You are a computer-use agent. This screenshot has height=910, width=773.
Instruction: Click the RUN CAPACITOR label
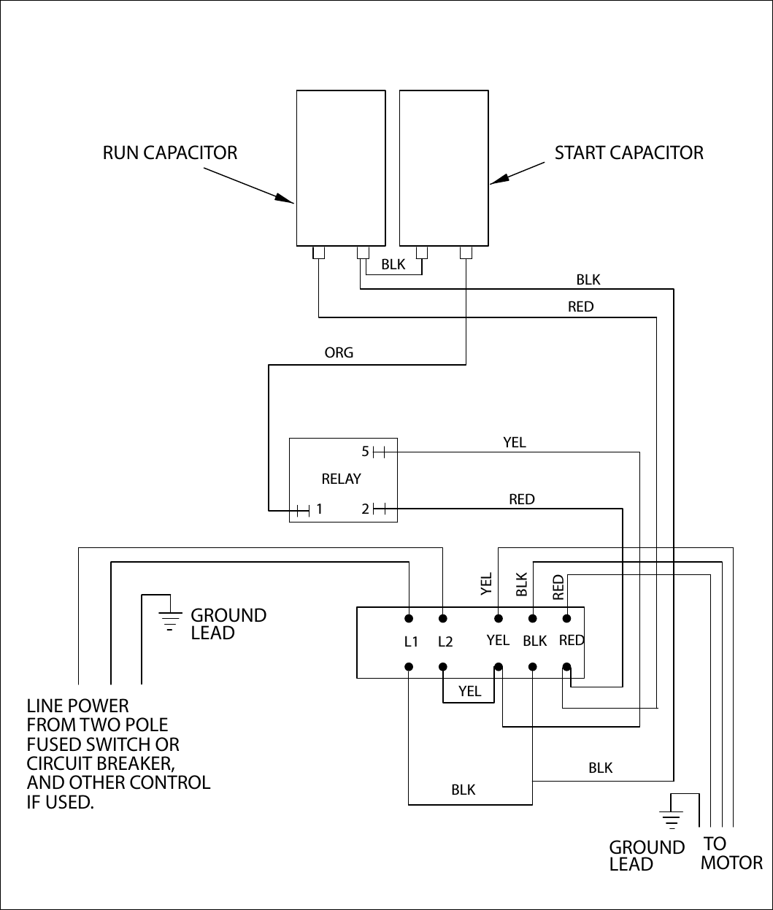[170, 153]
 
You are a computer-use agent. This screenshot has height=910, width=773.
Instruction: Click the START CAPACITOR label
[628, 153]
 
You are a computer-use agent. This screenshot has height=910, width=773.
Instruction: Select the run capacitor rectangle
[341, 168]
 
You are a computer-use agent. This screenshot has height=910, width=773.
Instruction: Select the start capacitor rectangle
[444, 168]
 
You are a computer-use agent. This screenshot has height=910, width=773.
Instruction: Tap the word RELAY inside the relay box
[342, 479]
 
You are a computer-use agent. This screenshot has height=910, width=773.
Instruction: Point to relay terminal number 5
[366, 452]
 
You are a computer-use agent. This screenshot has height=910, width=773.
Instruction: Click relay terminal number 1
[319, 509]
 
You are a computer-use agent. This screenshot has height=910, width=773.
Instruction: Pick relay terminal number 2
[366, 509]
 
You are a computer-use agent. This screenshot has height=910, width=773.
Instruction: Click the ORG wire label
[339, 353]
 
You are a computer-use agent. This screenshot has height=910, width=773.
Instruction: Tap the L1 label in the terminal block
[411, 642]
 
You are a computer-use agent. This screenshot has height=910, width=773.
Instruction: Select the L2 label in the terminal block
[445, 642]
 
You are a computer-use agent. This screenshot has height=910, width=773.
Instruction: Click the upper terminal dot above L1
[409, 619]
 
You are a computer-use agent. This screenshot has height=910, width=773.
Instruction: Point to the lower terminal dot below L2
[443, 666]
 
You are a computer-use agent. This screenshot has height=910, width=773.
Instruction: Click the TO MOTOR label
[731, 853]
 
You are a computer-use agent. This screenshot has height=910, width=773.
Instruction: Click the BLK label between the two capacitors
[393, 265]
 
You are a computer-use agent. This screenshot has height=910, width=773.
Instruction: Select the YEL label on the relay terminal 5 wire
[514, 442]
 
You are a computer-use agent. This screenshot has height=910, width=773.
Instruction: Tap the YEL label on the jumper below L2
[470, 691]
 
